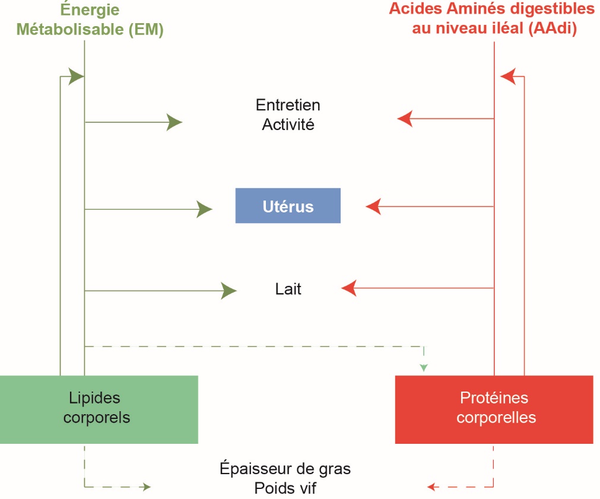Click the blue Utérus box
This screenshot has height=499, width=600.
[288, 206]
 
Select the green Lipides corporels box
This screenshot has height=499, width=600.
[99, 409]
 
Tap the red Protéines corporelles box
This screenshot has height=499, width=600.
[494, 409]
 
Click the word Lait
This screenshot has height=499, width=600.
[288, 290]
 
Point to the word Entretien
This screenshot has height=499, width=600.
[288, 105]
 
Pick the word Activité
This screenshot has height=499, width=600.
[288, 125]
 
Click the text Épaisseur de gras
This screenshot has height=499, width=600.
[285, 469]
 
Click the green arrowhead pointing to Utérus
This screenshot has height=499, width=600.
[205, 209]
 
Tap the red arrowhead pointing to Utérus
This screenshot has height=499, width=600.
[373, 206]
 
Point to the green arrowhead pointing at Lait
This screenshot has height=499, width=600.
[228, 290]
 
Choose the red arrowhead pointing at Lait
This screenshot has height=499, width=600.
[349, 288]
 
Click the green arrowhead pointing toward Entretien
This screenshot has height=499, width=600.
[174, 122]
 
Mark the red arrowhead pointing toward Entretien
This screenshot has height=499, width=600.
[405, 119]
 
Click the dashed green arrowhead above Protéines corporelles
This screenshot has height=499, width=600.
[423, 368]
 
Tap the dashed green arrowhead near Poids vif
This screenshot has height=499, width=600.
[145, 487]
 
